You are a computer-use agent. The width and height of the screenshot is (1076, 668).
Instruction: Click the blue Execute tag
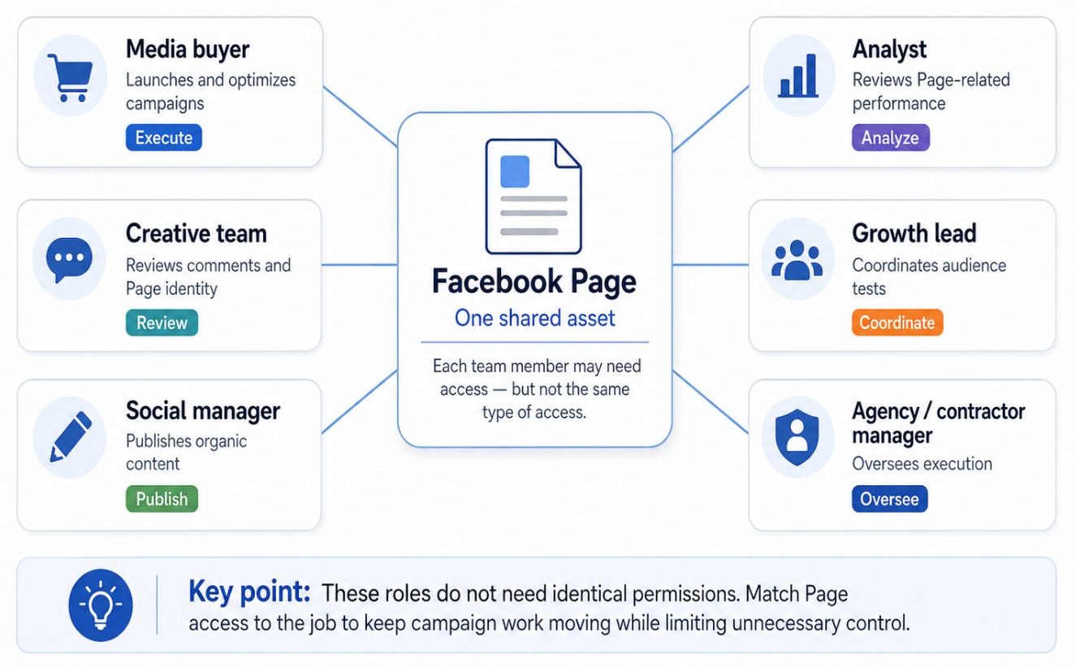click(163, 137)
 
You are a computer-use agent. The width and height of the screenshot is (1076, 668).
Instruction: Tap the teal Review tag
click(162, 323)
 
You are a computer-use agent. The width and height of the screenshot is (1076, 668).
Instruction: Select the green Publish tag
click(162, 499)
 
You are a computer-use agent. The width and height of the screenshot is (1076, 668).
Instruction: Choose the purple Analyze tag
click(889, 137)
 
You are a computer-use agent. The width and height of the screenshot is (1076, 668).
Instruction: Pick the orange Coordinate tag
click(897, 323)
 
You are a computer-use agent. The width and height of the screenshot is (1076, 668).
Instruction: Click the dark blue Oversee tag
click(889, 499)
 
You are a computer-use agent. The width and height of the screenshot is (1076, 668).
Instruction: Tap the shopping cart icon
click(69, 77)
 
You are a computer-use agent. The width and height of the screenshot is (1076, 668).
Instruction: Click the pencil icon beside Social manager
click(69, 437)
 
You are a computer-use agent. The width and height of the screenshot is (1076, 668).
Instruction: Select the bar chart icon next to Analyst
click(797, 77)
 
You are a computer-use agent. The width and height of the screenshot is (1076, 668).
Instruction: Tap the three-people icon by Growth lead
click(797, 261)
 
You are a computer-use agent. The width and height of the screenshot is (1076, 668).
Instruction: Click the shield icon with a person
click(797, 437)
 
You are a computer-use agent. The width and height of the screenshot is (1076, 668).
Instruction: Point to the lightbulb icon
click(101, 605)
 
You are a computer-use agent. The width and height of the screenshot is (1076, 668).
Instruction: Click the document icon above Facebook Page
click(534, 197)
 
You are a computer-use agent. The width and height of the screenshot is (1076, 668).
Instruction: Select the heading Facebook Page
click(534, 282)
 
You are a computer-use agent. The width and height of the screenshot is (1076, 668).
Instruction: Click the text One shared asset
click(534, 318)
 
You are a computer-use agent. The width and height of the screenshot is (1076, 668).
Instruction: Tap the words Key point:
click(248, 592)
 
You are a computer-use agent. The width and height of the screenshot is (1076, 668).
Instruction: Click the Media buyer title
click(188, 49)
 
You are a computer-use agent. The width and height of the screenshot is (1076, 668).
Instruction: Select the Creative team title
click(196, 234)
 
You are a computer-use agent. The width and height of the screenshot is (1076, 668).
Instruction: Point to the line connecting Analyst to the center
click(710, 119)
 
